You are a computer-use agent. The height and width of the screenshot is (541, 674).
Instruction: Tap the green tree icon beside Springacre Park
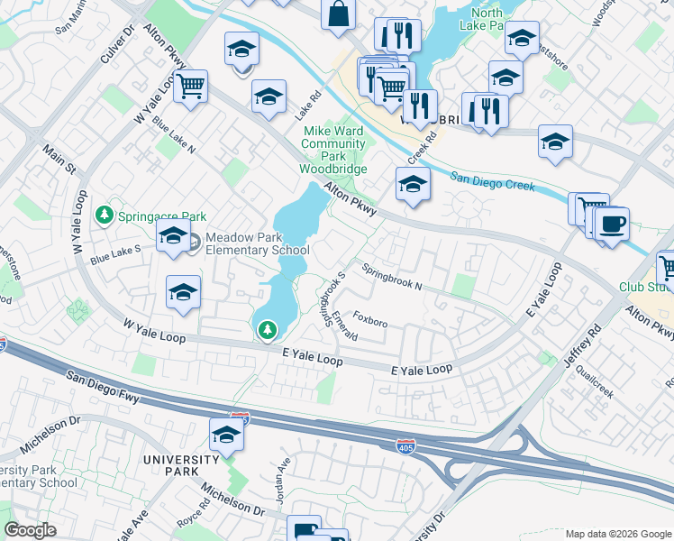(105, 215)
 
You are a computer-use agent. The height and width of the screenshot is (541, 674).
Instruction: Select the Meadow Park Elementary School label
(257, 243)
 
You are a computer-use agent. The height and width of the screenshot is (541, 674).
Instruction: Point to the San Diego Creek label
(492, 180)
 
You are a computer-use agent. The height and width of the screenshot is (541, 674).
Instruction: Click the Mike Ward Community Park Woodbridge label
(333, 150)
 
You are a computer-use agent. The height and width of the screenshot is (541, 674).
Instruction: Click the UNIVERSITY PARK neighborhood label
(181, 460)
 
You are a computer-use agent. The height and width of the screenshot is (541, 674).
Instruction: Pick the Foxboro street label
(370, 320)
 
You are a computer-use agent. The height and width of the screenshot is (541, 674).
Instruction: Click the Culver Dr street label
(117, 45)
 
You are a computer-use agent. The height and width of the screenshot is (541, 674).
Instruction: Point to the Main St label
(60, 159)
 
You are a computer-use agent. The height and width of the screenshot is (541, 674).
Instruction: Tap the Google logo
(30, 530)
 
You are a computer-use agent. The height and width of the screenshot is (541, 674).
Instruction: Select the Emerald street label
(344, 326)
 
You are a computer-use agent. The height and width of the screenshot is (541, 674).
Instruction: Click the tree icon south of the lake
(267, 331)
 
